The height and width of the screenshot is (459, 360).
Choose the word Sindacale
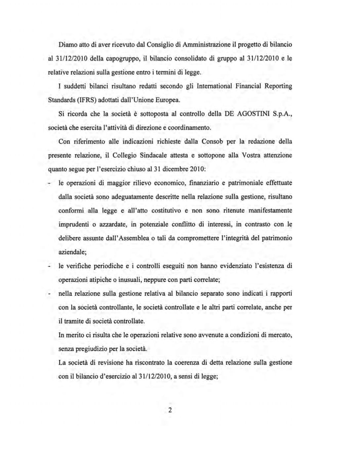click(157, 155)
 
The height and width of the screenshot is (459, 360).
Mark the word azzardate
click(113, 224)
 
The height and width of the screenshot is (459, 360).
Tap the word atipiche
click(99, 280)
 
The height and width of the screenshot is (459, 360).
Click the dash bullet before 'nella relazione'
click(49, 294)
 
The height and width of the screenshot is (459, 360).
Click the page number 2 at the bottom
click(170, 411)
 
